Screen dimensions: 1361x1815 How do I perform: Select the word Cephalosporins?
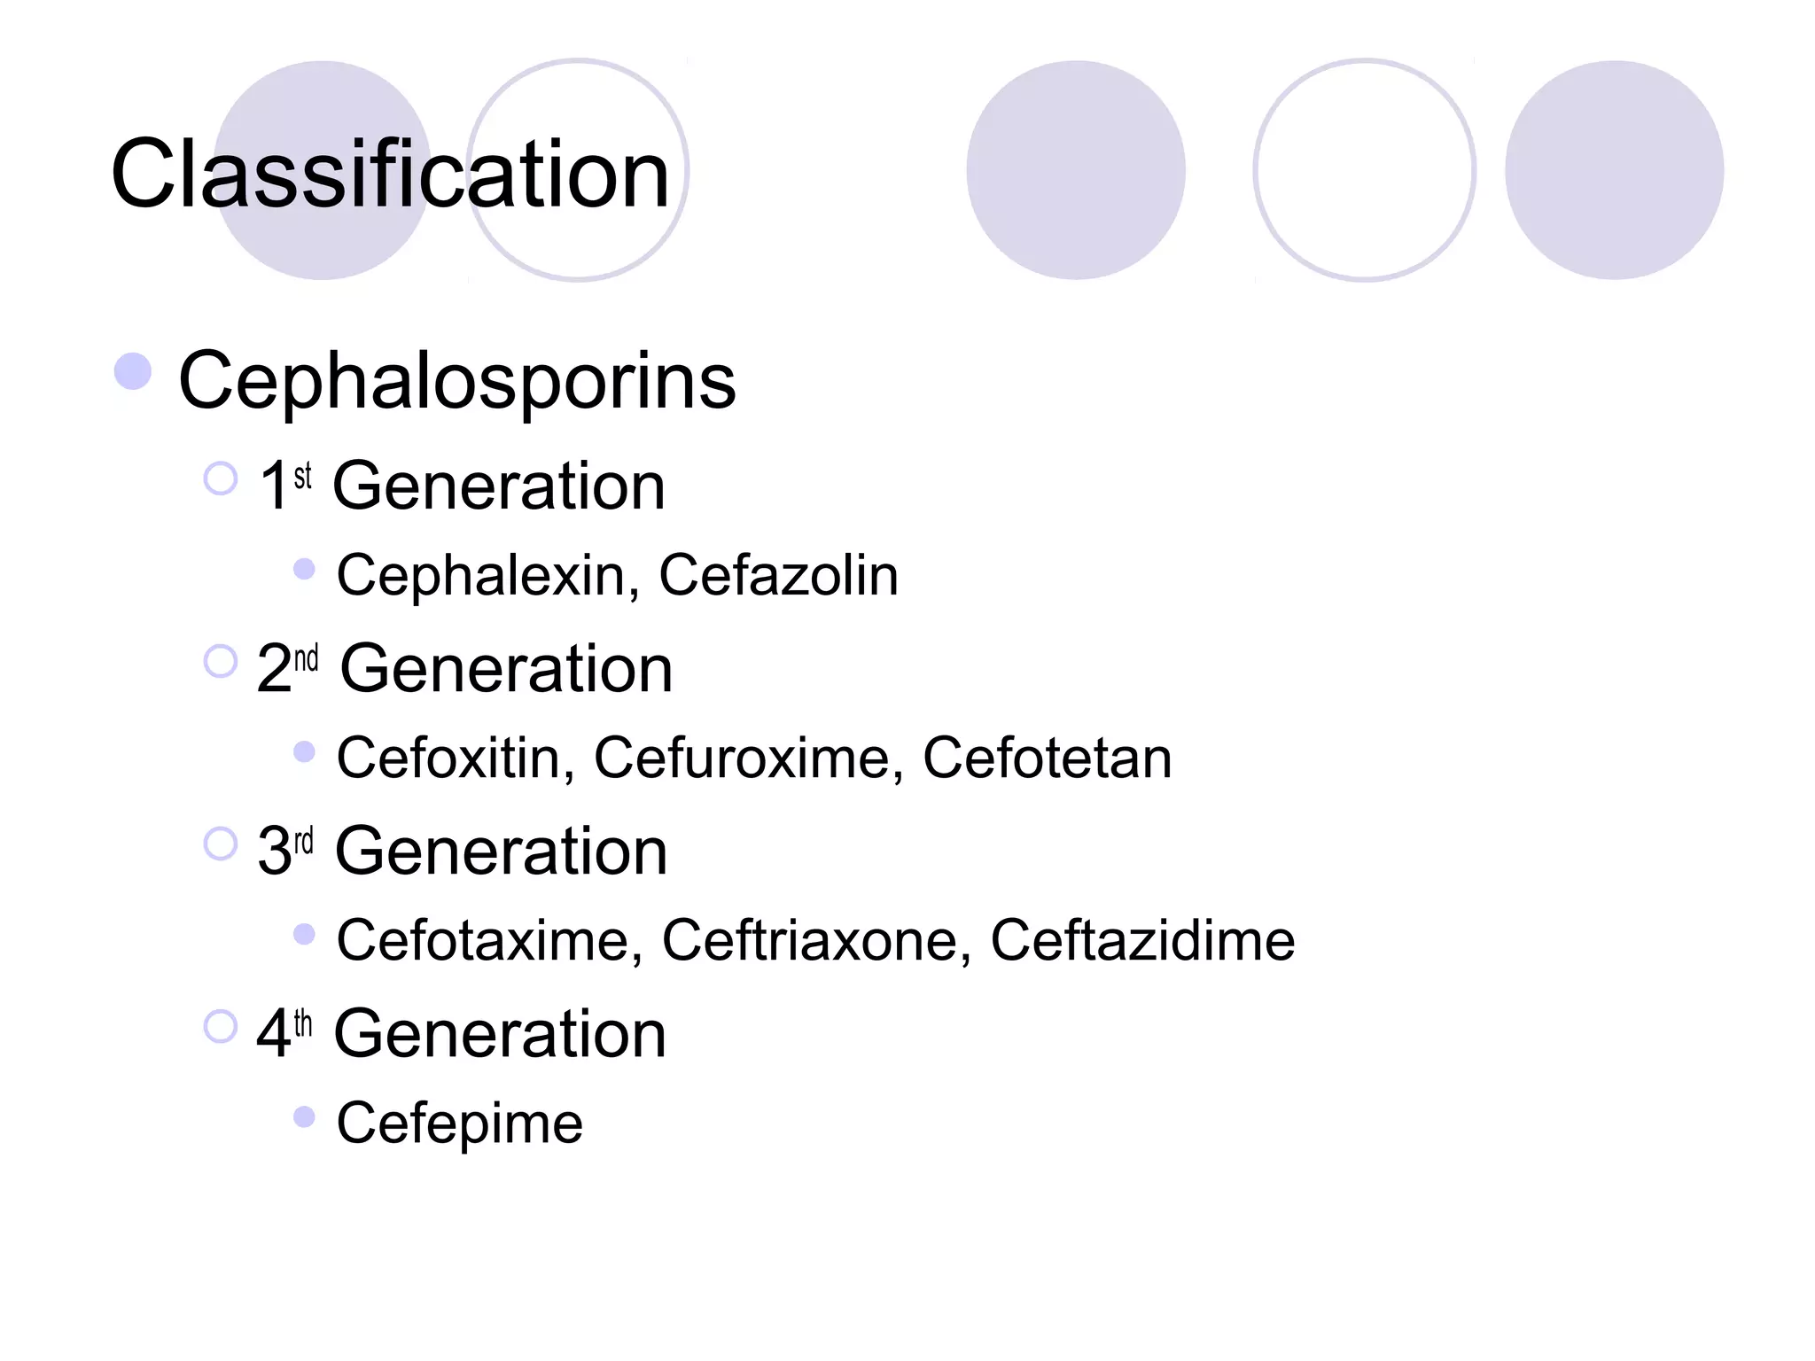(x=456, y=380)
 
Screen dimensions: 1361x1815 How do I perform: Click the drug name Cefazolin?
(x=778, y=575)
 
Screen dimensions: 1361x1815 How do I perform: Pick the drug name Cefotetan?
(x=1047, y=758)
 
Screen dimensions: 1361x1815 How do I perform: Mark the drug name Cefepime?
(x=459, y=1124)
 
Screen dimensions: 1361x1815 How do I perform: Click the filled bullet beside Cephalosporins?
(x=133, y=371)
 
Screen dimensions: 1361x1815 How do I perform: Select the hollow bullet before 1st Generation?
(x=221, y=478)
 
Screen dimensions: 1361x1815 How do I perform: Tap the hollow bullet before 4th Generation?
(x=221, y=1027)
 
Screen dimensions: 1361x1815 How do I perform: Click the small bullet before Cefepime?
(x=304, y=1116)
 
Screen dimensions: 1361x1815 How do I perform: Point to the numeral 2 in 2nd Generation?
(x=274, y=669)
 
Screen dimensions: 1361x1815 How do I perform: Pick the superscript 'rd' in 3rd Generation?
(x=304, y=840)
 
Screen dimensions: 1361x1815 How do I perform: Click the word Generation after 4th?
(x=500, y=1034)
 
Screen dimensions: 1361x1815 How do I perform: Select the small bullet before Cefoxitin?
(x=304, y=751)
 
